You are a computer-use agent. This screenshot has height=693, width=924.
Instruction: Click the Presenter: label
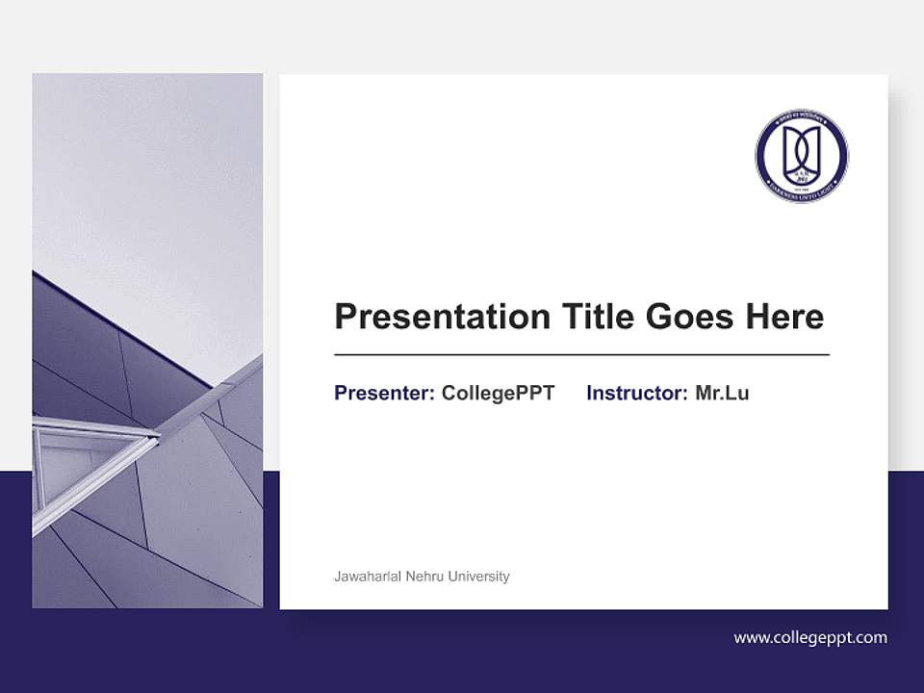click(x=384, y=393)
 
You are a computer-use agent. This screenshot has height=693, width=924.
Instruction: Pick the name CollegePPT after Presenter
click(x=498, y=393)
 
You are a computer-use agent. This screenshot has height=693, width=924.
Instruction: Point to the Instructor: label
click(x=636, y=393)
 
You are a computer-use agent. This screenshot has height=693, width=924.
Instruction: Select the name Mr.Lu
click(x=722, y=393)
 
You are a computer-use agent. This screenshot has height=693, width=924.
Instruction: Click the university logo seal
click(x=802, y=156)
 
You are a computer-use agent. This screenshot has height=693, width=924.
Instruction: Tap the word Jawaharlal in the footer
click(x=366, y=577)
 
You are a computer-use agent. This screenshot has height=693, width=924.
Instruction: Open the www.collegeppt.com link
click(x=810, y=637)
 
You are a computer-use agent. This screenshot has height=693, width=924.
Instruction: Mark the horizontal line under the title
click(x=581, y=355)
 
